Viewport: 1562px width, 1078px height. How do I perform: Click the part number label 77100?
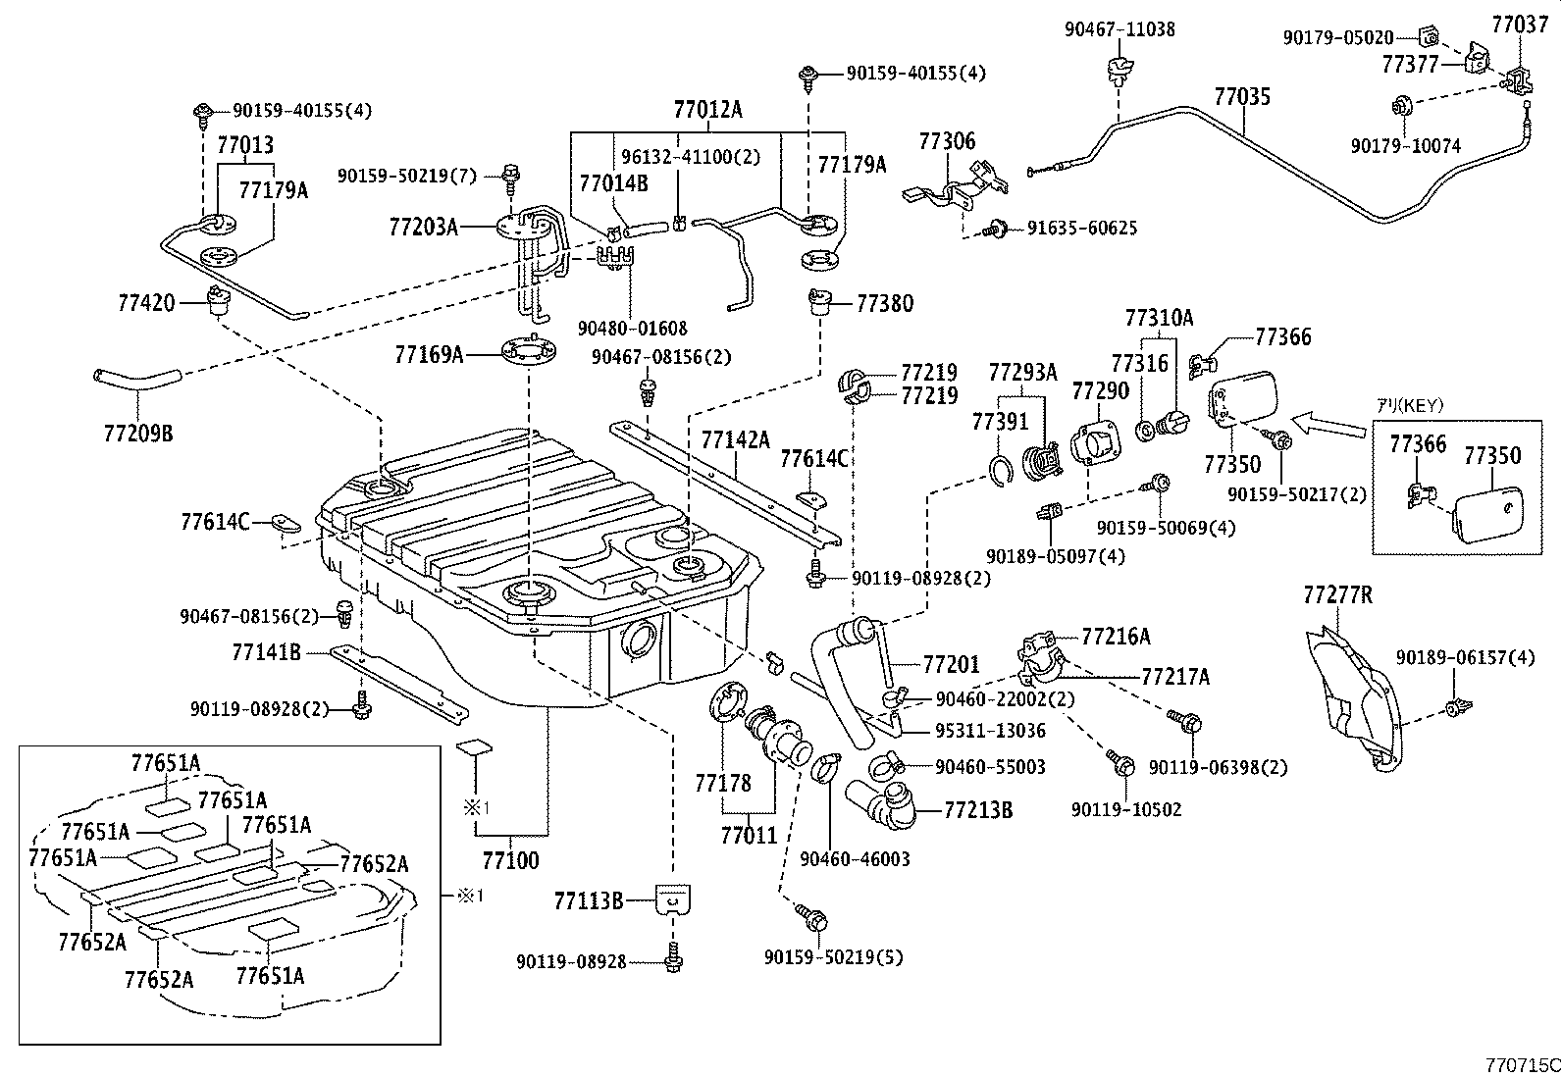(x=510, y=861)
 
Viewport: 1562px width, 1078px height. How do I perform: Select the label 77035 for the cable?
(x=1241, y=97)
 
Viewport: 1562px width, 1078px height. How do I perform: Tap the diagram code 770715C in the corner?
(x=1520, y=1064)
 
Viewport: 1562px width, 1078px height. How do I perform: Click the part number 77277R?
(x=1337, y=594)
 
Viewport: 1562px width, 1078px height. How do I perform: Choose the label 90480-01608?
(x=632, y=329)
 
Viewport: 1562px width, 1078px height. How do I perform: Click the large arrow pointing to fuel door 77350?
(x=1328, y=425)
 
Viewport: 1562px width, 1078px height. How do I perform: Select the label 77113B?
(x=589, y=900)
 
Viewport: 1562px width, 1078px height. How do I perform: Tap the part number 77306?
(x=947, y=141)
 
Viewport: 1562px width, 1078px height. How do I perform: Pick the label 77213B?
(x=978, y=810)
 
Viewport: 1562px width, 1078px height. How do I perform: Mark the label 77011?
(x=748, y=836)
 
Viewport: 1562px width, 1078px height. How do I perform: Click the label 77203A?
(x=424, y=228)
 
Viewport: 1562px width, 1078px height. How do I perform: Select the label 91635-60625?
(x=1082, y=229)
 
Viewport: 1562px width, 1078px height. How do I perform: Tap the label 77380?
(x=884, y=304)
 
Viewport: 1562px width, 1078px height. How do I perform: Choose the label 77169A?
(x=429, y=354)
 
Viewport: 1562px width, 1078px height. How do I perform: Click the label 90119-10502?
(x=1126, y=809)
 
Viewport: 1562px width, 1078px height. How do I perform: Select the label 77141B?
(x=266, y=650)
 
